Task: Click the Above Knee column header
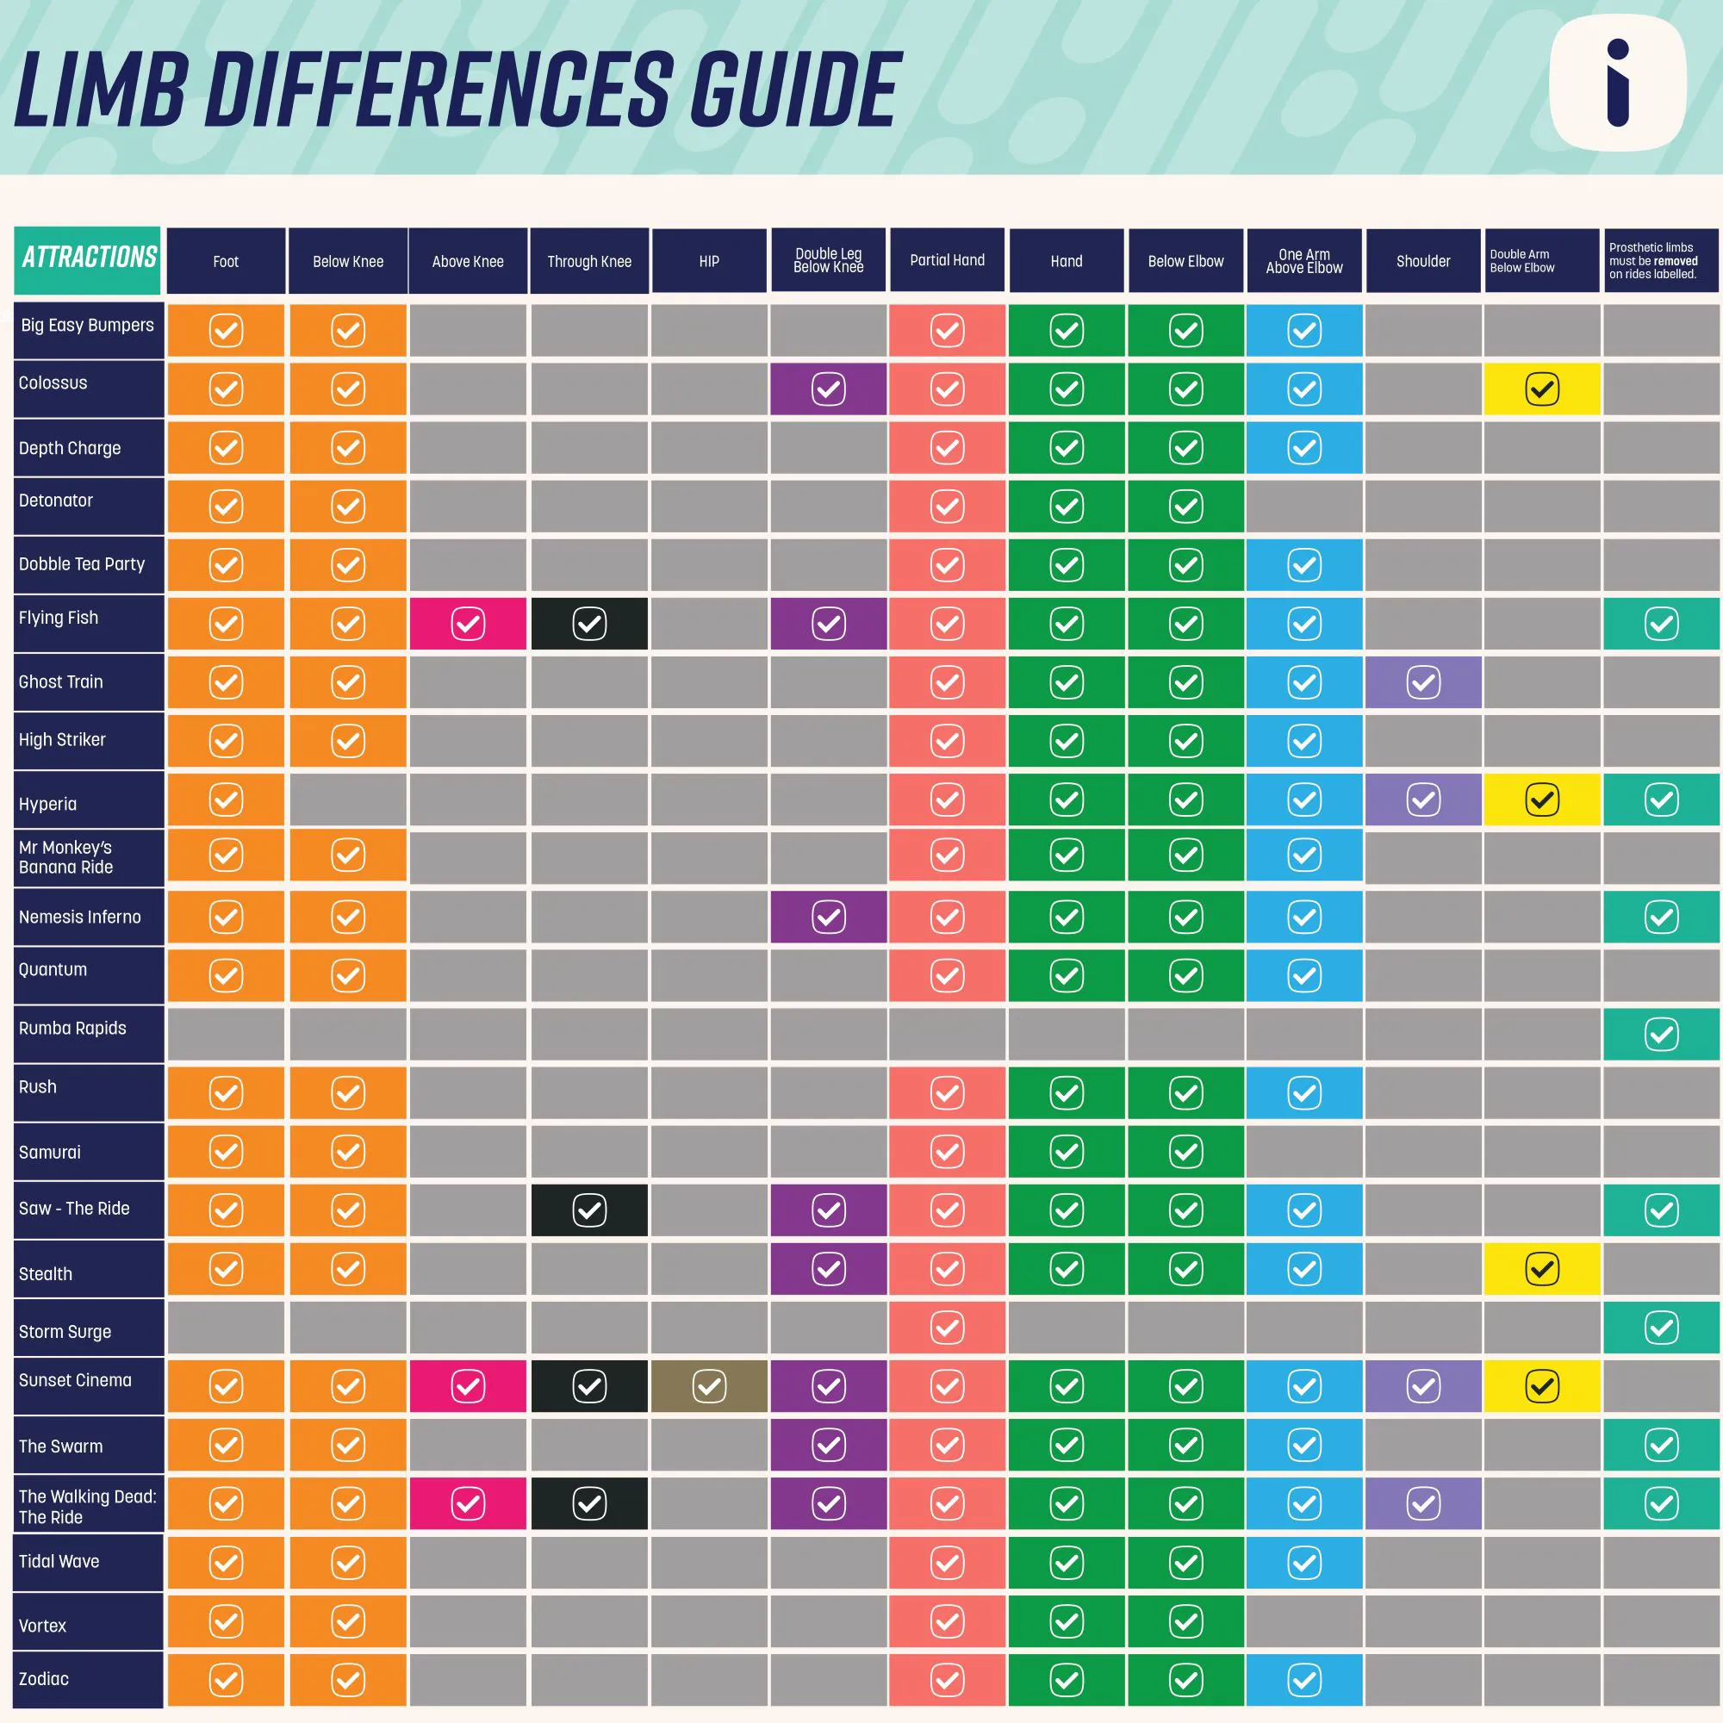coord(467,261)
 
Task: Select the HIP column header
coord(709,261)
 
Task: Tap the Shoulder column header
coord(1422,261)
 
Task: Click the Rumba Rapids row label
coord(73,1029)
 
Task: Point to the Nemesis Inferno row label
coord(80,917)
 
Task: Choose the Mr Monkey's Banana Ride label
coord(66,857)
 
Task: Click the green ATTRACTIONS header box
coord(88,258)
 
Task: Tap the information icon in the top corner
coord(1617,84)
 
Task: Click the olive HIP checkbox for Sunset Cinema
coord(709,1386)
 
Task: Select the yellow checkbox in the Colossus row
coord(1541,389)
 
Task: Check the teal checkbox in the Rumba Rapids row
coord(1661,1035)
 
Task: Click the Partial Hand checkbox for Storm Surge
coord(946,1328)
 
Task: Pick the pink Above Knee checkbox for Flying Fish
coord(467,624)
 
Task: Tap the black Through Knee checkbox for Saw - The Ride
coord(588,1210)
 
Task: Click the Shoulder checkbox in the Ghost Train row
coord(1422,682)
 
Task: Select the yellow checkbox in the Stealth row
coord(1541,1268)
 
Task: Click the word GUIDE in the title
coord(793,90)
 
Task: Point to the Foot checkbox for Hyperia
coord(226,799)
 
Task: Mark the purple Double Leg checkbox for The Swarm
coord(829,1444)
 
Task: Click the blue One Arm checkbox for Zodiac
coord(1303,1680)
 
